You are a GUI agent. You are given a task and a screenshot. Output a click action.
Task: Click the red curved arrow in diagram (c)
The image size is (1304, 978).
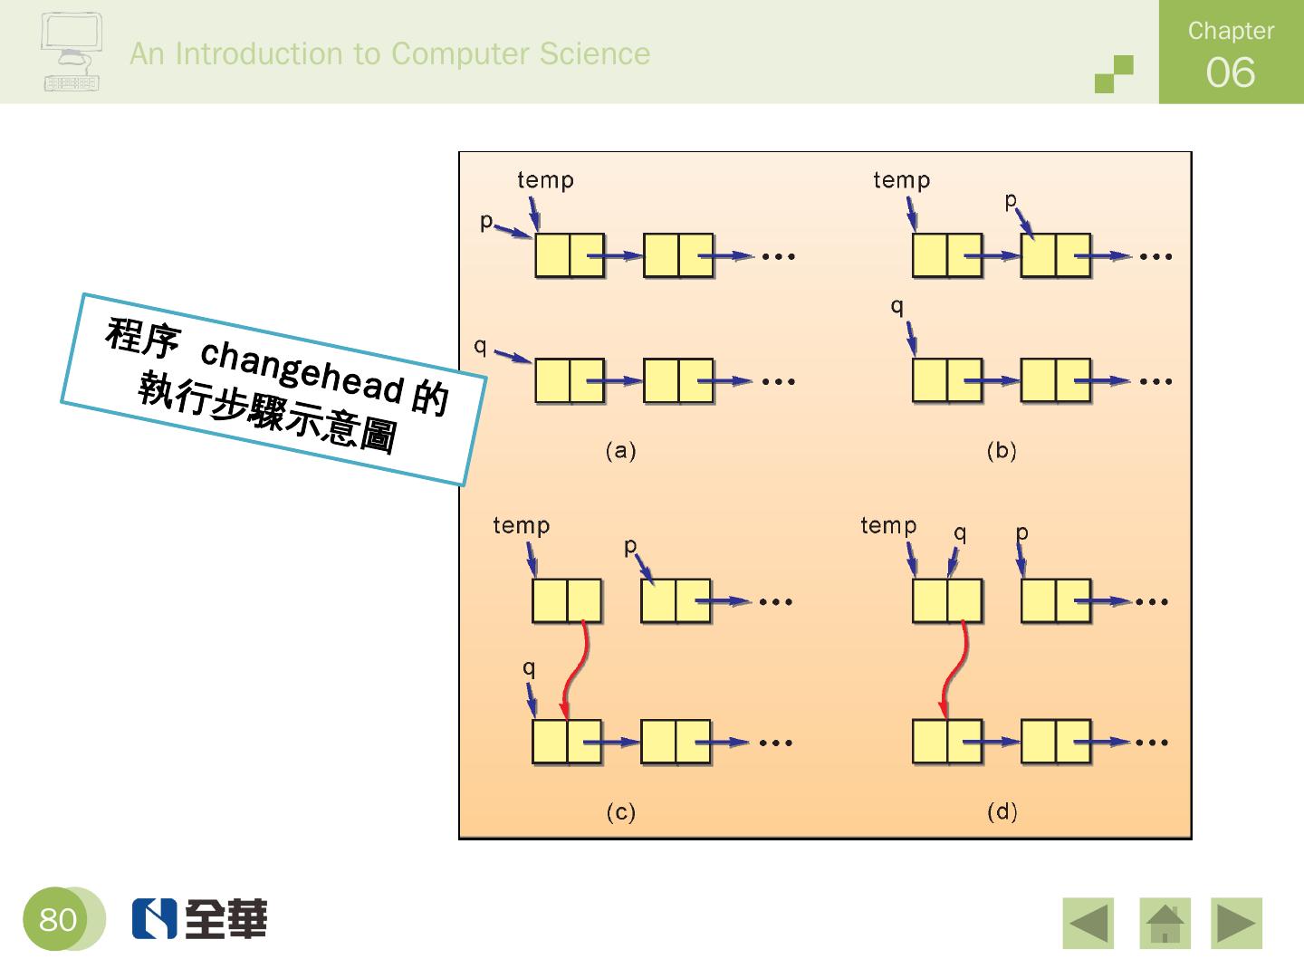click(573, 670)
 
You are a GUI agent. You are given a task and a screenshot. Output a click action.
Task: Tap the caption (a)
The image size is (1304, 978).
click(621, 450)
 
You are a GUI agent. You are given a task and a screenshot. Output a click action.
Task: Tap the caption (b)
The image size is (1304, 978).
click(1002, 450)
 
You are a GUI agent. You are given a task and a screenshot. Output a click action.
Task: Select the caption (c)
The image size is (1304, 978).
click(621, 812)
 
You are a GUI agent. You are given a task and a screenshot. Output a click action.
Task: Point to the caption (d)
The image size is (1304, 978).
click(1002, 811)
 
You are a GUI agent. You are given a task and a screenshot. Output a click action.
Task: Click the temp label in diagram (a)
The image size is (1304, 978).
click(545, 180)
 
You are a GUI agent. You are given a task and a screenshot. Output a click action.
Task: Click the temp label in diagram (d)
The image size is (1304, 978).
click(888, 525)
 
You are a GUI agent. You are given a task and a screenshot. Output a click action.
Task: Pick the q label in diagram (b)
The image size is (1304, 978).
click(897, 306)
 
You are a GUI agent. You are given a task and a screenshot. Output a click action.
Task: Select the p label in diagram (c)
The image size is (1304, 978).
click(631, 546)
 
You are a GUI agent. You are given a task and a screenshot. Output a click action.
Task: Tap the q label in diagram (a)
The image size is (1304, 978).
click(481, 346)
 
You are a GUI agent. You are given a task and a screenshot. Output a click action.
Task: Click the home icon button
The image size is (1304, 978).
click(1165, 924)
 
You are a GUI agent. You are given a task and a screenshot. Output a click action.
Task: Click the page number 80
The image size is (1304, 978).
click(57, 920)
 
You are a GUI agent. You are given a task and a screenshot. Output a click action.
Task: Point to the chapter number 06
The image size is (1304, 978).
click(1230, 72)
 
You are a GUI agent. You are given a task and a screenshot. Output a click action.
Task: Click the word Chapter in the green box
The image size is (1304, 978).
click(1231, 31)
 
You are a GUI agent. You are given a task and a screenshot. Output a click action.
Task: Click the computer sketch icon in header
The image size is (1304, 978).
click(71, 53)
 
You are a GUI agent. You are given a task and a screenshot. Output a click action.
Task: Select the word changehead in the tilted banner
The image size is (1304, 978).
click(302, 369)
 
